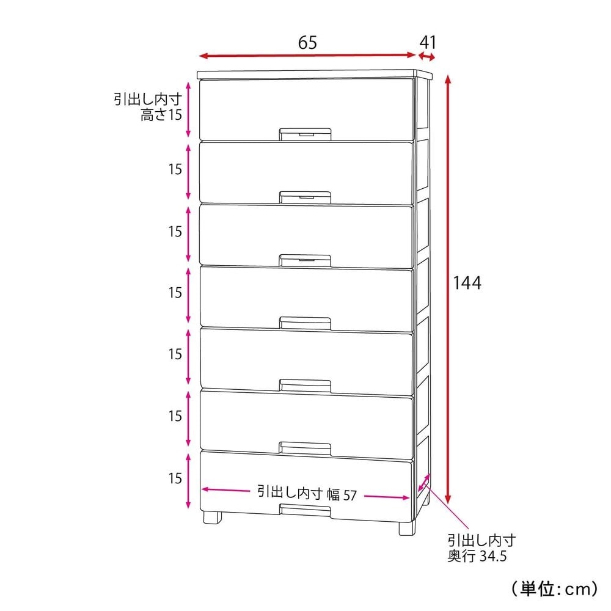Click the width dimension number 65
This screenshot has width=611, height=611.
(307, 43)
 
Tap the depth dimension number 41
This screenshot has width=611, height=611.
(428, 42)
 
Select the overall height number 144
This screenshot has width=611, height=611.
(467, 282)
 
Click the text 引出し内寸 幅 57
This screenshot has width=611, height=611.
(307, 494)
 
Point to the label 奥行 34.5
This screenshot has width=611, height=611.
(477, 555)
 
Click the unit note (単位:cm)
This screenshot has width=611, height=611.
(554, 588)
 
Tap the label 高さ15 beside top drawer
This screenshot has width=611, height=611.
(161, 115)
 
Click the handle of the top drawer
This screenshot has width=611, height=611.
(305, 134)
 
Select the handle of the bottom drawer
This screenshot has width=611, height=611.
(305, 510)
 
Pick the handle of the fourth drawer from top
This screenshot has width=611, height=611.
(305, 323)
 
